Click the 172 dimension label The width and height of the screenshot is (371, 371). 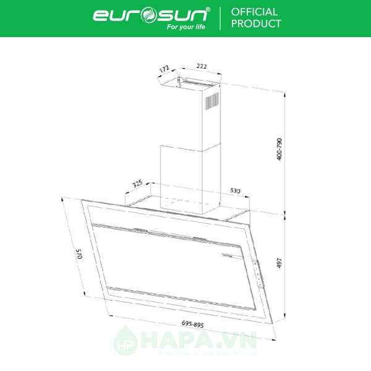164,71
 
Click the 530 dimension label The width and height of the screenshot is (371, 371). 235,191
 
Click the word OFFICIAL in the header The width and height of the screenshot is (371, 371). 254,12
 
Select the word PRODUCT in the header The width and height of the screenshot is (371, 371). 256,24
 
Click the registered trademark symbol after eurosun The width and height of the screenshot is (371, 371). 207,9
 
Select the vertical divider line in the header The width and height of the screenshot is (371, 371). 220,18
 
